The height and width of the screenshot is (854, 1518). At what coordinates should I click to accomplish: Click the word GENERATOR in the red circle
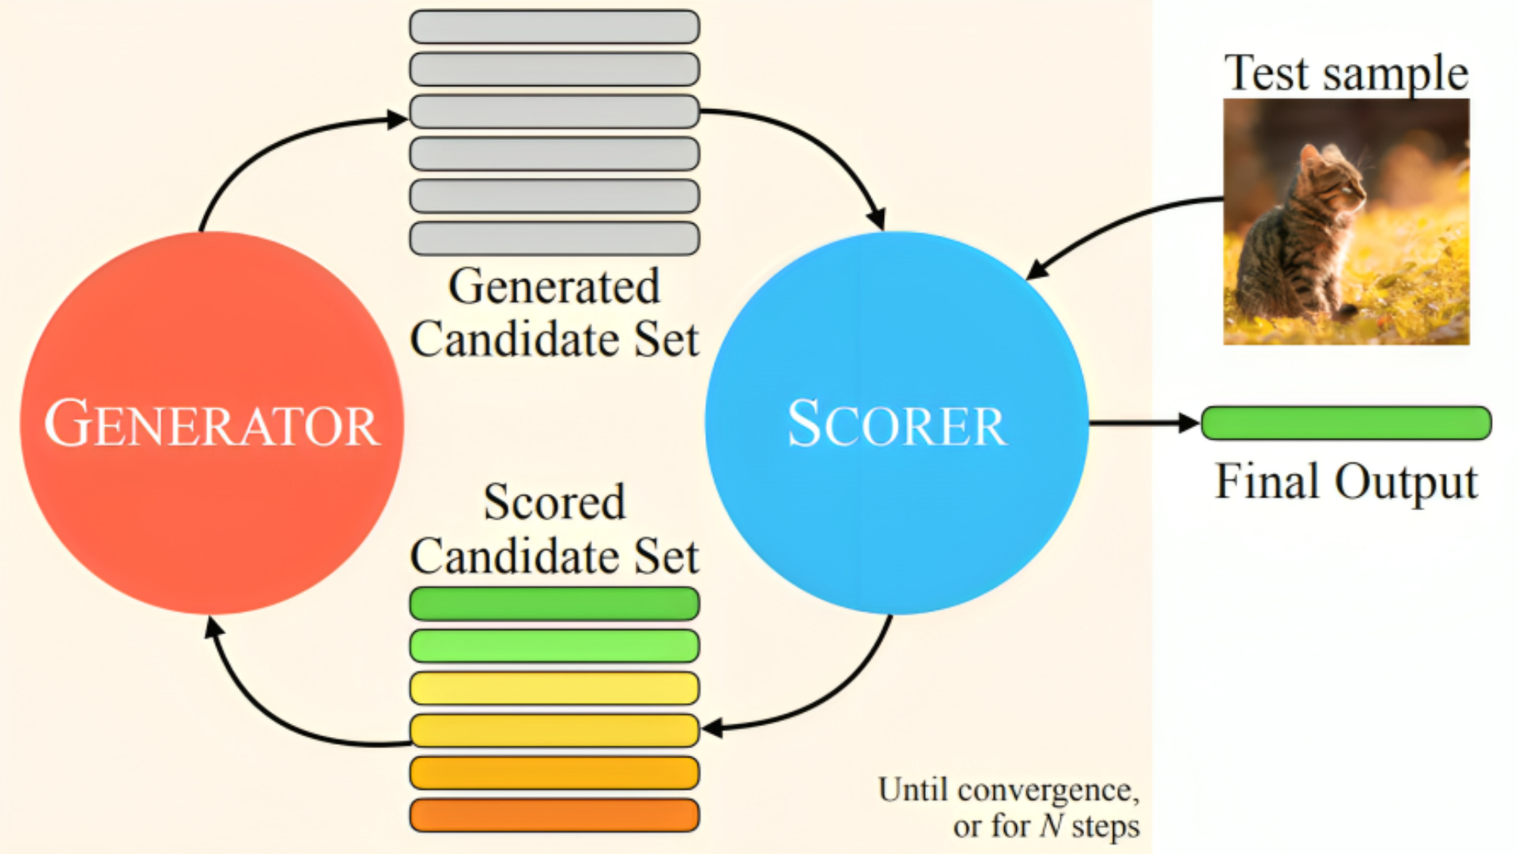pyautogui.click(x=212, y=424)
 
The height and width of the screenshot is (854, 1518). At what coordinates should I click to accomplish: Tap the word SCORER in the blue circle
pyautogui.click(x=897, y=424)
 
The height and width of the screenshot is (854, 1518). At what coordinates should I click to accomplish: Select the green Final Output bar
pyautogui.click(x=1346, y=423)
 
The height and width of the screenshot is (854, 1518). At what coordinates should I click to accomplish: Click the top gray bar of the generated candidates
pyautogui.click(x=554, y=27)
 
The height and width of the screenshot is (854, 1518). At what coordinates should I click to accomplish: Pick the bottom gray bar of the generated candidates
pyautogui.click(x=554, y=238)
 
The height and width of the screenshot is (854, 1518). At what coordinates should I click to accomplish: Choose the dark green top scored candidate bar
pyautogui.click(x=554, y=603)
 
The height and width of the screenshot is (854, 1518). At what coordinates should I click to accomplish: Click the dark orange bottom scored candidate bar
pyautogui.click(x=554, y=815)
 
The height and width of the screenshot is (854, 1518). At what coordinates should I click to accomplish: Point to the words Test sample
pyautogui.click(x=1346, y=73)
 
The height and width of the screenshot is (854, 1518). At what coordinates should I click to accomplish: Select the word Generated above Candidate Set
pyautogui.click(x=553, y=285)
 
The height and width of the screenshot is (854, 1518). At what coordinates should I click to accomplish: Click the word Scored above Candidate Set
pyautogui.click(x=554, y=501)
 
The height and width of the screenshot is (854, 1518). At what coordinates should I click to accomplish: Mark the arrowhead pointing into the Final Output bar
pyautogui.click(x=1189, y=423)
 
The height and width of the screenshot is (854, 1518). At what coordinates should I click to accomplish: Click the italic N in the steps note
pyautogui.click(x=1052, y=826)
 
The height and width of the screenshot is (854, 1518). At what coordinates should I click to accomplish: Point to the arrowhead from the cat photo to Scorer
pyautogui.click(x=1037, y=269)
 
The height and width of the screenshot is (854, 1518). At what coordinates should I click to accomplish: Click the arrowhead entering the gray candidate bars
pyautogui.click(x=398, y=119)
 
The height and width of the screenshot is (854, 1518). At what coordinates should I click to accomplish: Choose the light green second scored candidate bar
pyautogui.click(x=554, y=646)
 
